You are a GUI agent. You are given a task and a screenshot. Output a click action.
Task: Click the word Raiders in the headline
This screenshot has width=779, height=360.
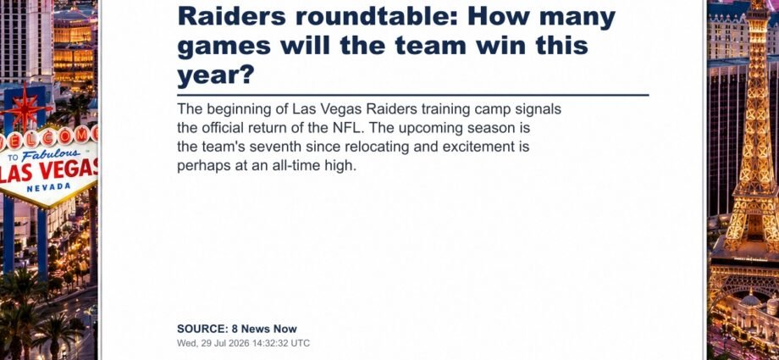[232, 17]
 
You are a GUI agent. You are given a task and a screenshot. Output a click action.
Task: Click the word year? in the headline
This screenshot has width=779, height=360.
[216, 75]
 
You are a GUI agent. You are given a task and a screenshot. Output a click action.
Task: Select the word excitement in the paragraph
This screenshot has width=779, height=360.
[478, 147]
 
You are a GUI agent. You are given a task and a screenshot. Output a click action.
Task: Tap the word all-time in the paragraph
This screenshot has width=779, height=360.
[297, 166]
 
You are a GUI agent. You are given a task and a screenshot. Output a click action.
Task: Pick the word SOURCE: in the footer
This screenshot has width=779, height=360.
[202, 329]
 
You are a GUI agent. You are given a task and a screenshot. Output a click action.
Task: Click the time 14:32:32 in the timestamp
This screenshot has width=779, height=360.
[268, 343]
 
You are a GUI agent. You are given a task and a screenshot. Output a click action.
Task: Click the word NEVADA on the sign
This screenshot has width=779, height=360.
[49, 187]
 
